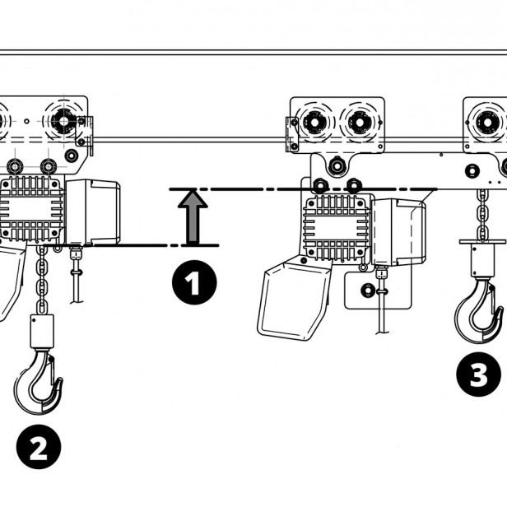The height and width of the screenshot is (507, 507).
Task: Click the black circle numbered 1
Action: point(194,284)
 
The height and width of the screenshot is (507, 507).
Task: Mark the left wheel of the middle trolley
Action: point(313,123)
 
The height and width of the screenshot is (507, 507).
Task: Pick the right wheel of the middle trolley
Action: point(359,123)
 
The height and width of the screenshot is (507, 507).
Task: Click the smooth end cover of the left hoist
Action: point(93,212)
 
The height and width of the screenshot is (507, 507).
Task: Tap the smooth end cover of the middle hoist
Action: point(398,231)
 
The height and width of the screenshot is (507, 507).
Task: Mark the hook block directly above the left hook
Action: point(41,330)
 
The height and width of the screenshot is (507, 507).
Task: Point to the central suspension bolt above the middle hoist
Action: point(336,168)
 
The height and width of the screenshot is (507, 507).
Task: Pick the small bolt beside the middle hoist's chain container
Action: point(368,290)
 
